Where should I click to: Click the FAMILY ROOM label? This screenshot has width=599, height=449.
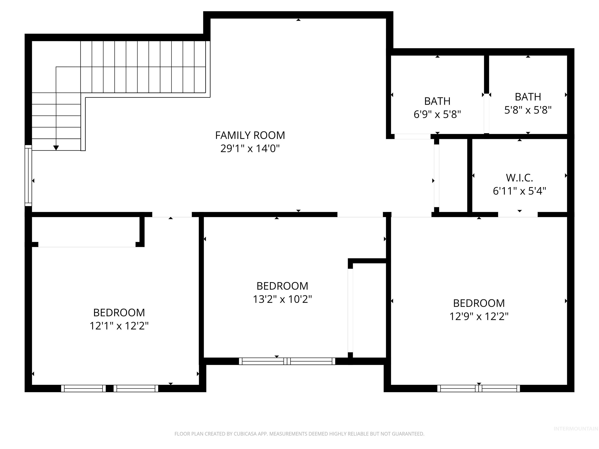click(250, 135)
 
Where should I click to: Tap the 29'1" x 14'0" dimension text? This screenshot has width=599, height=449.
click(250, 148)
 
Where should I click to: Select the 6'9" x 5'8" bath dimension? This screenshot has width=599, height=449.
click(437, 114)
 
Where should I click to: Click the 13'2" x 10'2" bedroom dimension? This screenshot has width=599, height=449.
click(282, 299)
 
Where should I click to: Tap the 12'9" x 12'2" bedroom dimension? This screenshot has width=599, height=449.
click(479, 316)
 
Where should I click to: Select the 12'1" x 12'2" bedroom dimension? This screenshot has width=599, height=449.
click(119, 326)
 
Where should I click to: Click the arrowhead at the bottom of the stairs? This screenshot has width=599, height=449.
click(56, 148)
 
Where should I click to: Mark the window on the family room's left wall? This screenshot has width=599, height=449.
click(28, 175)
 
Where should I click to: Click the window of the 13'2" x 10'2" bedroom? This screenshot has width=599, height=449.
click(287, 361)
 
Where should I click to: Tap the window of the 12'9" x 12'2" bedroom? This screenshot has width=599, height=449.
click(478, 388)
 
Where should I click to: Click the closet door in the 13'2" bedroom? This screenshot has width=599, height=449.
click(350, 310)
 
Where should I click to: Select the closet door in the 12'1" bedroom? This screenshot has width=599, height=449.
click(87, 245)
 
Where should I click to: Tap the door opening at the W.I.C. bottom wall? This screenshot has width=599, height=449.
click(517, 215)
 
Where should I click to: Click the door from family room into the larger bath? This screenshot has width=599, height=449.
click(412, 136)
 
